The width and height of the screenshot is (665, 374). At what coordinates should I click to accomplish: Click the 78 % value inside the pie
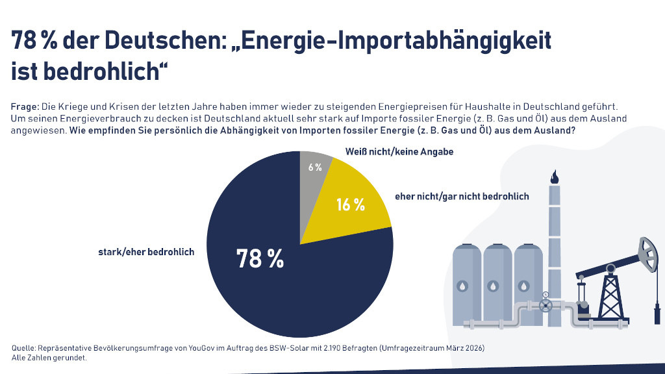tap(260, 259)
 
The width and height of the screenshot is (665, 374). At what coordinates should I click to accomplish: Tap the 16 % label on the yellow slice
tap(350, 205)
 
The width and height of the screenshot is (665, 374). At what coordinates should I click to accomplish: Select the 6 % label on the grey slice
tap(315, 167)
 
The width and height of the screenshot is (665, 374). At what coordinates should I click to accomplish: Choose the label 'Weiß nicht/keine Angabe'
tap(398, 151)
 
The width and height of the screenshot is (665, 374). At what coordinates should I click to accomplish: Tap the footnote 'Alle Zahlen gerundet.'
tap(49, 358)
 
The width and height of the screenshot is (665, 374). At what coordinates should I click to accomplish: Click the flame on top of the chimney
tap(554, 177)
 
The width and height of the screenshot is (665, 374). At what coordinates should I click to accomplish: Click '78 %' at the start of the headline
tap(34, 41)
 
